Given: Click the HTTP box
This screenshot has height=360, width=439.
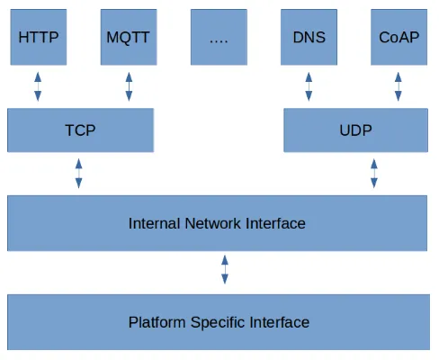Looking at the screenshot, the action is pyautogui.click(x=39, y=37).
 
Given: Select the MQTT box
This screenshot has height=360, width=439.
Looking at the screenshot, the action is pyautogui.click(x=129, y=37).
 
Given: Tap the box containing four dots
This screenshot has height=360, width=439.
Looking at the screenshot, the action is pyautogui.click(x=219, y=37).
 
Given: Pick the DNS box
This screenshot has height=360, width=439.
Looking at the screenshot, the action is pyautogui.click(x=309, y=37).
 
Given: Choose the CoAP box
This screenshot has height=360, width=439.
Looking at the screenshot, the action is pyautogui.click(x=399, y=37).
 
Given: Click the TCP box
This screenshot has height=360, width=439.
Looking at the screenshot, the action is pyautogui.click(x=80, y=130).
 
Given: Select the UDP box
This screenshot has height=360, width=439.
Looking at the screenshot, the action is pyautogui.click(x=355, y=130).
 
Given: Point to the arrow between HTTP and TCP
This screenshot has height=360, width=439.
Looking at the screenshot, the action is pyautogui.click(x=38, y=86).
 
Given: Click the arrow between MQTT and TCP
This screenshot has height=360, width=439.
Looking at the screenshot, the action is pyautogui.click(x=129, y=86).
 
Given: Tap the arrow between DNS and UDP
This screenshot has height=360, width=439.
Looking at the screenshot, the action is pyautogui.click(x=309, y=86).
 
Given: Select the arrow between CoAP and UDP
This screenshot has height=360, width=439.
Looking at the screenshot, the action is pyautogui.click(x=399, y=86).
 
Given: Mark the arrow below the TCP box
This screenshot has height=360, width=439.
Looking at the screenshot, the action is pyautogui.click(x=78, y=174).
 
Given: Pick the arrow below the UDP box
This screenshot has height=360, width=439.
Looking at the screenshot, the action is pyautogui.click(x=374, y=174).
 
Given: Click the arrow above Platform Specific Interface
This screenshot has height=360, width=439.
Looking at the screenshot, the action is pyautogui.click(x=225, y=269).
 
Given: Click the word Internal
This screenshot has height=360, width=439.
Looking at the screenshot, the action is pyautogui.click(x=155, y=223).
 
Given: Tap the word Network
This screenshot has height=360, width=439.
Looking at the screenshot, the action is pyautogui.click(x=213, y=223).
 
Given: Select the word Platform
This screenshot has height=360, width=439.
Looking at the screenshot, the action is pyautogui.click(x=157, y=323).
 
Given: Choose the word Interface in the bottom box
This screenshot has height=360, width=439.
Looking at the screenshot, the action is pyautogui.click(x=280, y=322).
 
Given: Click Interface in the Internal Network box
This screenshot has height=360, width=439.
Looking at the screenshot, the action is pyautogui.click(x=275, y=223).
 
